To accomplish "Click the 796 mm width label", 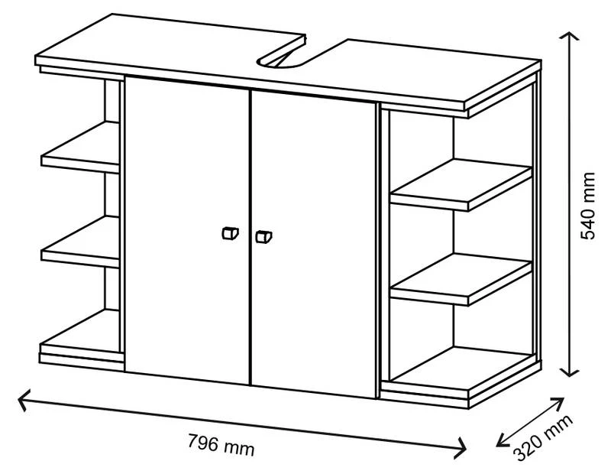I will [x=221, y=443].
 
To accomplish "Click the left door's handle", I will [x=228, y=234].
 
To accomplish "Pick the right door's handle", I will [x=263, y=237].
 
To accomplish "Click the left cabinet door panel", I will [x=187, y=229].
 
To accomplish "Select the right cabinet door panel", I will [x=313, y=245].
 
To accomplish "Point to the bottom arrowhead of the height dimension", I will [x=569, y=373].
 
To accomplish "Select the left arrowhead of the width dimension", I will [x=21, y=398].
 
